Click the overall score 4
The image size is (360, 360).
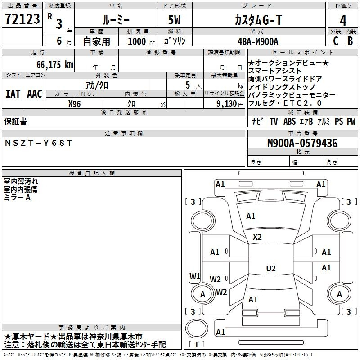(x=343, y=20)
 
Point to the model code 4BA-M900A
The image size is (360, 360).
(x=257, y=41)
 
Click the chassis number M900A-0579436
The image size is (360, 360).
(x=302, y=144)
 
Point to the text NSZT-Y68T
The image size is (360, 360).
(x=38, y=143)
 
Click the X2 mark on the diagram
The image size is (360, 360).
(x=257, y=237)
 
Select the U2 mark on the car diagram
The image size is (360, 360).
(x=270, y=269)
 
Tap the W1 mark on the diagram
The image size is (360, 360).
(x=195, y=276)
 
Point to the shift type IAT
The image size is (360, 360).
(x=13, y=94)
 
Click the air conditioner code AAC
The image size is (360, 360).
(x=34, y=94)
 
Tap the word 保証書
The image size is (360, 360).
(x=15, y=121)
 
